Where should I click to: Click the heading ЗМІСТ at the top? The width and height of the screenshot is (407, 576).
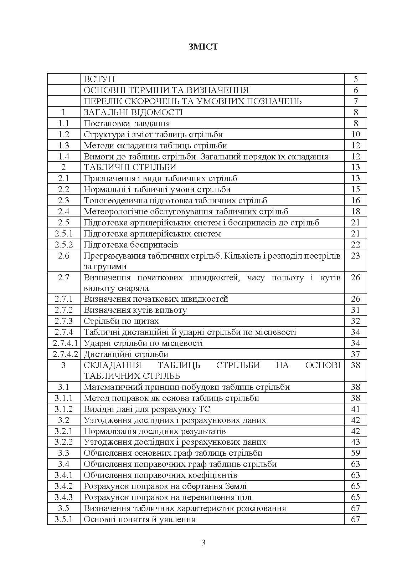[203, 47]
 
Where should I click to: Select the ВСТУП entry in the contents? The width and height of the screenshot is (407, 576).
[99, 79]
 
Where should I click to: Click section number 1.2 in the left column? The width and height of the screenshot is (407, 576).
[64, 134]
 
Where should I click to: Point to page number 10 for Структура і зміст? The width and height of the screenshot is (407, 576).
[355, 134]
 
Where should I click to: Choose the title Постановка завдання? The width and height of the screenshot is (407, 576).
[127, 123]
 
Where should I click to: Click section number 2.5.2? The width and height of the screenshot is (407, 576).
[64, 245]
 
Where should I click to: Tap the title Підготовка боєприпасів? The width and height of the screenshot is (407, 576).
[131, 245]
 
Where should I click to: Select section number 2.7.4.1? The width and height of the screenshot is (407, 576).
[64, 343]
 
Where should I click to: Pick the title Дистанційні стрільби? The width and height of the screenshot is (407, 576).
[126, 354]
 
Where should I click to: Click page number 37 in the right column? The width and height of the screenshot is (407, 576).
[355, 354]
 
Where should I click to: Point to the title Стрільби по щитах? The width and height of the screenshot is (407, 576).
[121, 321]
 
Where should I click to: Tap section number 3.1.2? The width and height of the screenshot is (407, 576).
[64, 409]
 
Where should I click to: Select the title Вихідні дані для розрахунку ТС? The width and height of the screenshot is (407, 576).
[149, 409]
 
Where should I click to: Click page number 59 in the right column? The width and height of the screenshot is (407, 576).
[355, 453]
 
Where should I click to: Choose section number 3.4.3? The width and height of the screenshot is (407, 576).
[64, 497]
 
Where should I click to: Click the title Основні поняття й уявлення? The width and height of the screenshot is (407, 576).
[139, 519]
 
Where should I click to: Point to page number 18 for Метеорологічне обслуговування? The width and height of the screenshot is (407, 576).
[355, 211]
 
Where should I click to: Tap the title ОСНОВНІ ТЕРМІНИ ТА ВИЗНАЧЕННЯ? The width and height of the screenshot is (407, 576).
[166, 90]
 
